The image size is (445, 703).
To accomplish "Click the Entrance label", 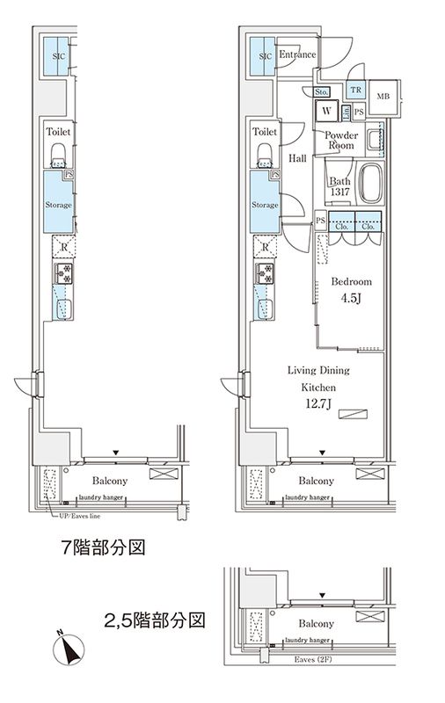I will (x=297, y=55).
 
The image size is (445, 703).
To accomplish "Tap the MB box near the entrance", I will (x=383, y=97).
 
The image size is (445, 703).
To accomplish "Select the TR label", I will (x=355, y=90).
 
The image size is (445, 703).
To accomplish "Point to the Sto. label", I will (x=321, y=91).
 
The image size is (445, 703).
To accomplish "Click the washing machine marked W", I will (x=326, y=111).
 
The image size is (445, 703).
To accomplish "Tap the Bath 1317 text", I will (x=339, y=187).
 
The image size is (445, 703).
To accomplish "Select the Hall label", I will (x=296, y=158).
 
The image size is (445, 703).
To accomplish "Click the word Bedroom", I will (x=351, y=282).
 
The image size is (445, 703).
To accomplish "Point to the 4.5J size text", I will (x=351, y=299).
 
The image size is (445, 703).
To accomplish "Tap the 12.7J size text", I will (x=319, y=405).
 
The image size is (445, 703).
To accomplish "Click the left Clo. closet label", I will (x=341, y=225).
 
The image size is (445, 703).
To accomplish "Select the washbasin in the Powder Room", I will (x=376, y=139).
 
